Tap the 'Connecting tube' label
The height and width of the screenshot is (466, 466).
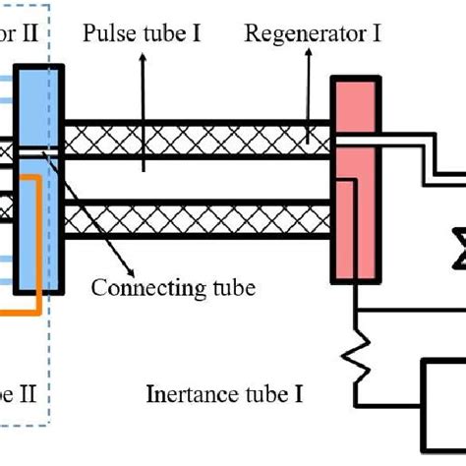pyautogui.click(x=173, y=288)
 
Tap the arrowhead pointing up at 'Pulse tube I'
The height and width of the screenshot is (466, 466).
pyautogui.click(x=145, y=60)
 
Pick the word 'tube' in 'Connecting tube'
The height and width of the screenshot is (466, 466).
pyautogui.click(x=233, y=288)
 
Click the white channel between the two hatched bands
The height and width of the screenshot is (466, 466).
pyautogui.click(x=197, y=177)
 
